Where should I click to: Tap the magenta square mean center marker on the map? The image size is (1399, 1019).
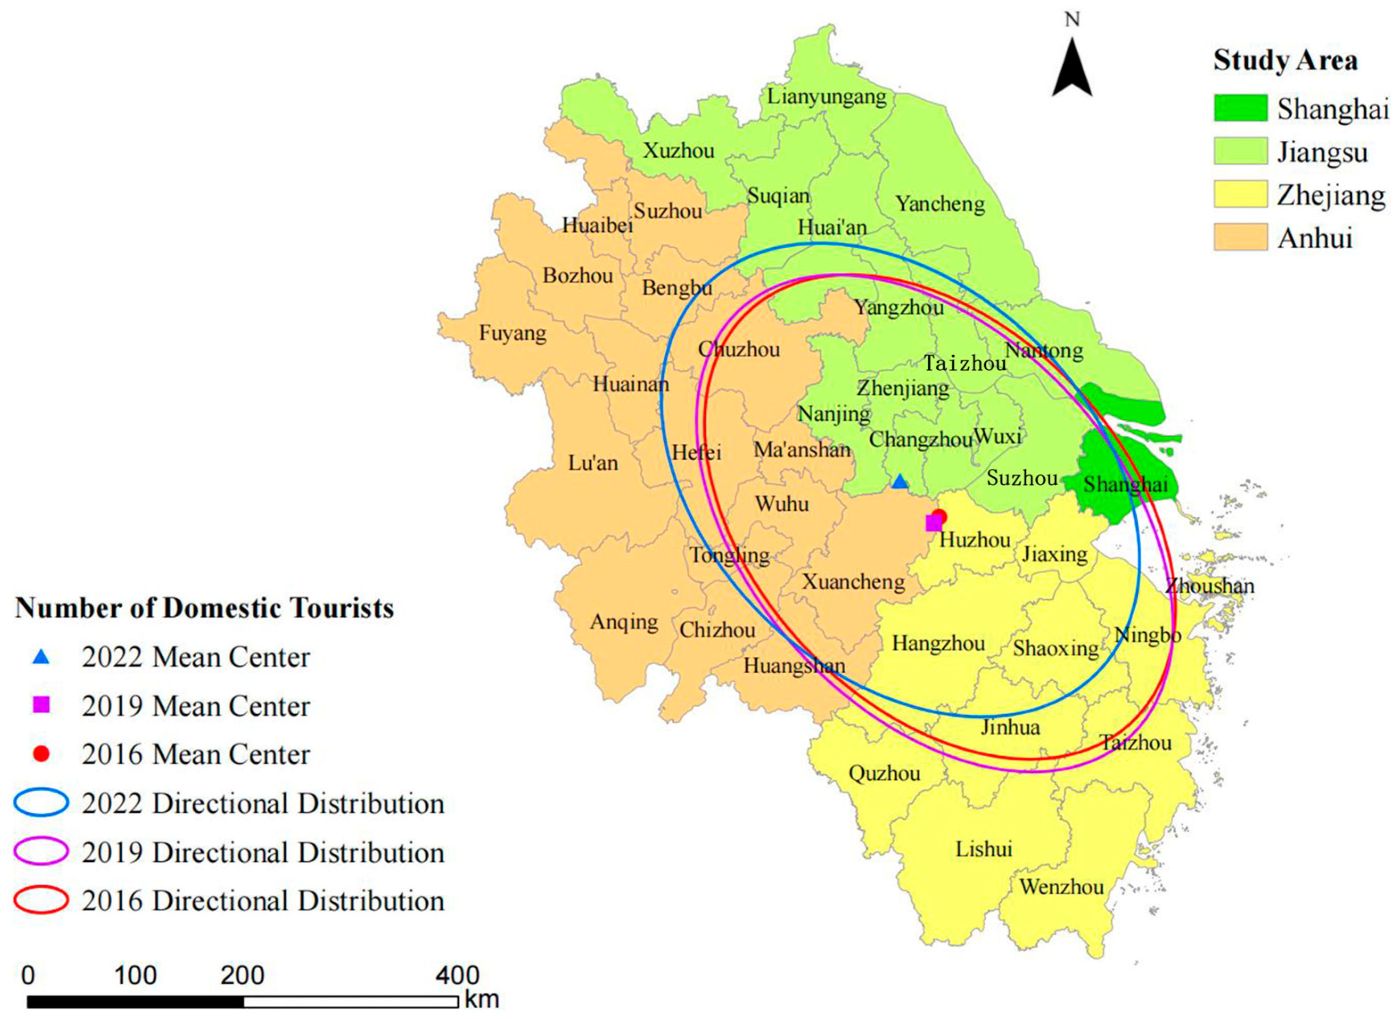click(934, 523)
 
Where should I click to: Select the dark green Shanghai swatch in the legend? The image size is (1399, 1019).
click(1240, 108)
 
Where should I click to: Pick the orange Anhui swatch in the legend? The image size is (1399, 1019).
click(1240, 237)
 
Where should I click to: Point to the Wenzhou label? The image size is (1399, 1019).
click(1062, 888)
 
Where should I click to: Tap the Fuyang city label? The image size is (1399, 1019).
click(513, 334)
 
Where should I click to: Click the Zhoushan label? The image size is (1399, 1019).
click(1210, 585)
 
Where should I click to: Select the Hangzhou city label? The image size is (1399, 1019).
click(938, 644)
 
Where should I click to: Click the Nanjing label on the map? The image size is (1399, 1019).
click(834, 413)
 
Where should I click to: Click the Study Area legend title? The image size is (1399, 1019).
click(1285, 61)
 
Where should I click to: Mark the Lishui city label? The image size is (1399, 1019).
click(983, 849)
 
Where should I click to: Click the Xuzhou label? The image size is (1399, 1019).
click(679, 151)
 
